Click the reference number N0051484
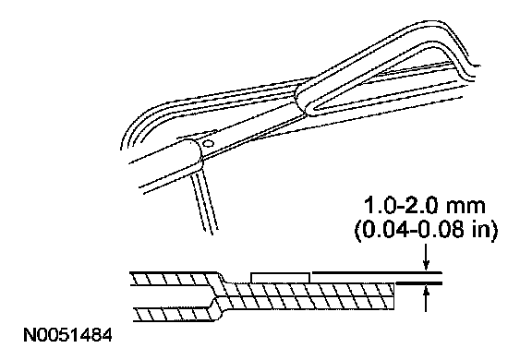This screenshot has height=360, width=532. (x=67, y=335)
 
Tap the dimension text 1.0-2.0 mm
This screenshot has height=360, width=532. (x=425, y=206)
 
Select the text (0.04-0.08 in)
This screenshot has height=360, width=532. (x=426, y=230)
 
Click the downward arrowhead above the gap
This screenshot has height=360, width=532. (x=427, y=266)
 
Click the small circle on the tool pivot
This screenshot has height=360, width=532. (x=207, y=143)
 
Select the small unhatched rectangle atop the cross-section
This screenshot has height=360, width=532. (x=280, y=277)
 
